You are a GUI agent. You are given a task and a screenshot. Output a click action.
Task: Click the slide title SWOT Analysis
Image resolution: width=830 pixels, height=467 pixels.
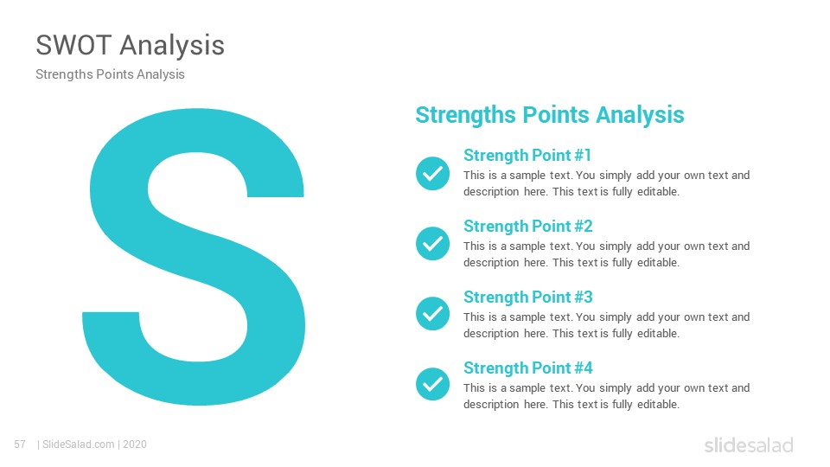coord(131,46)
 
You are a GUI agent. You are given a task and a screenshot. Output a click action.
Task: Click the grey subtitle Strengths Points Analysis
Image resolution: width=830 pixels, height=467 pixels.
coord(110,74)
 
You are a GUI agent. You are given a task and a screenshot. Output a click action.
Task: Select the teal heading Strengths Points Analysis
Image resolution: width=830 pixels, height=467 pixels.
coord(550,115)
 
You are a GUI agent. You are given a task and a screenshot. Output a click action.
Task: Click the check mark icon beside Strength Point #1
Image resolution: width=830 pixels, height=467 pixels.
coord(432,173)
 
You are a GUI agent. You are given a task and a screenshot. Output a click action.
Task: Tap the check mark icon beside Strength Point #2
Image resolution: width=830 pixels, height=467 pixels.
coord(432,244)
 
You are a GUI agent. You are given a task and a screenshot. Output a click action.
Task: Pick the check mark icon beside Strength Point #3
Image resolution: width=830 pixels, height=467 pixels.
coord(432,313)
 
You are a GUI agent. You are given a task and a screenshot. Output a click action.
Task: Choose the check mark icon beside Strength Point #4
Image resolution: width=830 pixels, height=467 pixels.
coord(432,384)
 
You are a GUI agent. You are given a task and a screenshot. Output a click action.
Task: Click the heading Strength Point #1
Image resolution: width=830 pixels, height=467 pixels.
coord(527,156)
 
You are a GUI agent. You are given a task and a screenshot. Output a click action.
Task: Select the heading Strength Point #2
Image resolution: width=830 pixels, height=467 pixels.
coord(527,227)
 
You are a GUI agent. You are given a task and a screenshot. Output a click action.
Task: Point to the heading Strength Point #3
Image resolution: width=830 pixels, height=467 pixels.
coord(527,297)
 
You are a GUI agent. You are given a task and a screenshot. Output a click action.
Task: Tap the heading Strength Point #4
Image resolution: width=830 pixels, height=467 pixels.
coord(527,368)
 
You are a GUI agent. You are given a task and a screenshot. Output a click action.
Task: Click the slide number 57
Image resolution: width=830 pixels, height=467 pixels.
coord(20,445)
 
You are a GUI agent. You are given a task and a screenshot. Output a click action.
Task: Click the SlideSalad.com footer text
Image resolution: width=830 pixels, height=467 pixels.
coord(79,445)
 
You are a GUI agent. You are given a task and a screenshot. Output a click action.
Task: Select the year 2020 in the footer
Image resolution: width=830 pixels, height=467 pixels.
coord(135,445)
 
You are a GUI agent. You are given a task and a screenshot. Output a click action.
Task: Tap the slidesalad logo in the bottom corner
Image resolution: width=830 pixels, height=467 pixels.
coord(749,445)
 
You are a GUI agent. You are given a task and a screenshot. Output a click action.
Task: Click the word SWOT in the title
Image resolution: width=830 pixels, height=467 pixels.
coord(73,45)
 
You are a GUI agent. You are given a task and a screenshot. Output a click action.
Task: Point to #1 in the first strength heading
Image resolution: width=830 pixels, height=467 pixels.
coord(583,155)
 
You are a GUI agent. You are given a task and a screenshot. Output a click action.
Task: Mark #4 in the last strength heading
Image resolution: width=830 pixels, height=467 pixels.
coord(584,368)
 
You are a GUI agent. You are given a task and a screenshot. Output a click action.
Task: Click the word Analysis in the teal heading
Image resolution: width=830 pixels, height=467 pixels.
coord(640,115)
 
